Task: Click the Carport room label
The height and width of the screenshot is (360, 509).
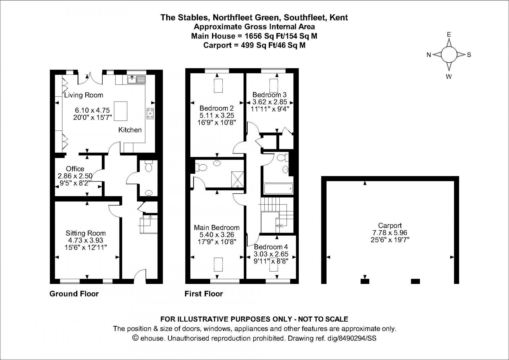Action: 390,225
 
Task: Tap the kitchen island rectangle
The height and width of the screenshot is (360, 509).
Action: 121,111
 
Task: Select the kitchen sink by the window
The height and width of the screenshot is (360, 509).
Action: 137,80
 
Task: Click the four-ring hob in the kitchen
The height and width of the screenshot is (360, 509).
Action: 150,113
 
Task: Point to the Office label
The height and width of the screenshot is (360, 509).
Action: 75,169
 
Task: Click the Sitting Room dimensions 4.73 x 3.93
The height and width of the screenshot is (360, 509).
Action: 86,240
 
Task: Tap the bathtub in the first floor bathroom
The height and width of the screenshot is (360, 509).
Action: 278,189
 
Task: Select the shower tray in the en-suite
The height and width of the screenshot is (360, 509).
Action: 238,180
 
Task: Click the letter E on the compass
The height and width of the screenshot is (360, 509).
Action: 449,34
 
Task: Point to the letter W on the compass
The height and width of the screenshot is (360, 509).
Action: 449,77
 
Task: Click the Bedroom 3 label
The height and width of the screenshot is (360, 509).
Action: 269,95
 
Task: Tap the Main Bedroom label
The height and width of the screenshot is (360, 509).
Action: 217,227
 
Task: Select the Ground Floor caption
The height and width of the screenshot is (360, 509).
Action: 74,294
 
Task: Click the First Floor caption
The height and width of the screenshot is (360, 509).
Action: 204,294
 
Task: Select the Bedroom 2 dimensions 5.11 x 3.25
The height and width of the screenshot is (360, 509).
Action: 217,115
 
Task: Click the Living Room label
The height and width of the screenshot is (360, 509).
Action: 84,95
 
